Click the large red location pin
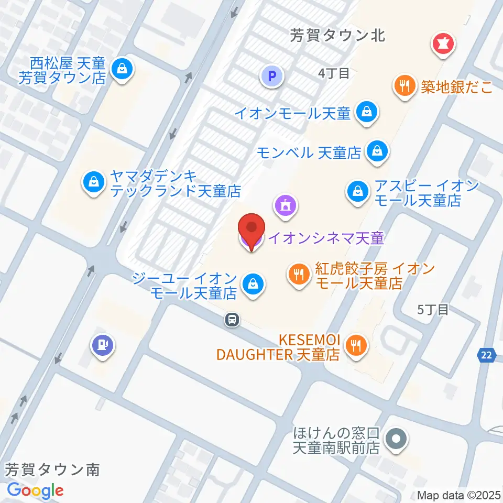coord(251,231)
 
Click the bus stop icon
coord(231,319)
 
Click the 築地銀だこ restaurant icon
coord(403,85)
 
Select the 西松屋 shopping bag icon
coord(122,68)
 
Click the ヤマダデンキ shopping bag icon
coord(93,182)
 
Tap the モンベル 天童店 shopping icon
coord(377,152)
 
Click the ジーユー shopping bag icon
coord(253,285)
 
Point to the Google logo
coord(35,490)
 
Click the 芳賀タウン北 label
coord(337,36)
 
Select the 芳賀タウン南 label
coord(52,469)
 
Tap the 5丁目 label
coord(433,310)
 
